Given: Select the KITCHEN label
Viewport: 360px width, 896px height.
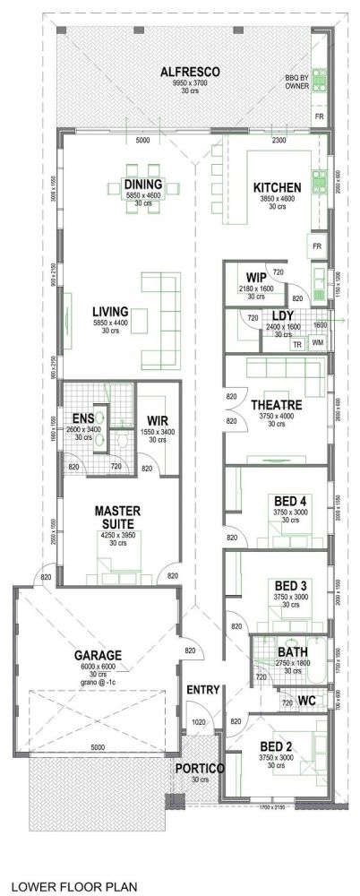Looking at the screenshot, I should click(276, 187).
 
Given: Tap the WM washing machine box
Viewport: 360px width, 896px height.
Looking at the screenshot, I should click(317, 343).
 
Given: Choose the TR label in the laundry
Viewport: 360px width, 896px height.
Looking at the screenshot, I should click(297, 344).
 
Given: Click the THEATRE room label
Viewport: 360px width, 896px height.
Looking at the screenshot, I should click(275, 405).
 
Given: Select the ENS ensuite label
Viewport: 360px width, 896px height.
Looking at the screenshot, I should click(83, 418).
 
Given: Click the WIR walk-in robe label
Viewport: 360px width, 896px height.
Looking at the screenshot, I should click(157, 419).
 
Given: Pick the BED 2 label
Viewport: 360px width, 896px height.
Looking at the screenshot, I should click(276, 745).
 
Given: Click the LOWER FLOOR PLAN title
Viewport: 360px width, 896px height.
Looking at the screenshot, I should click(74, 887).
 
